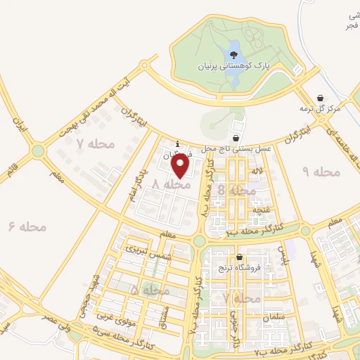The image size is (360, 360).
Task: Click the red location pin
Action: [x=181, y=166]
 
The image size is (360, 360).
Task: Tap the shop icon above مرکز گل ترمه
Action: [x=321, y=98]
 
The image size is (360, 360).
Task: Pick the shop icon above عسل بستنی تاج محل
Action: [x=236, y=138]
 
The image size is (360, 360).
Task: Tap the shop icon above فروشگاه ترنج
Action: [x=240, y=257]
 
